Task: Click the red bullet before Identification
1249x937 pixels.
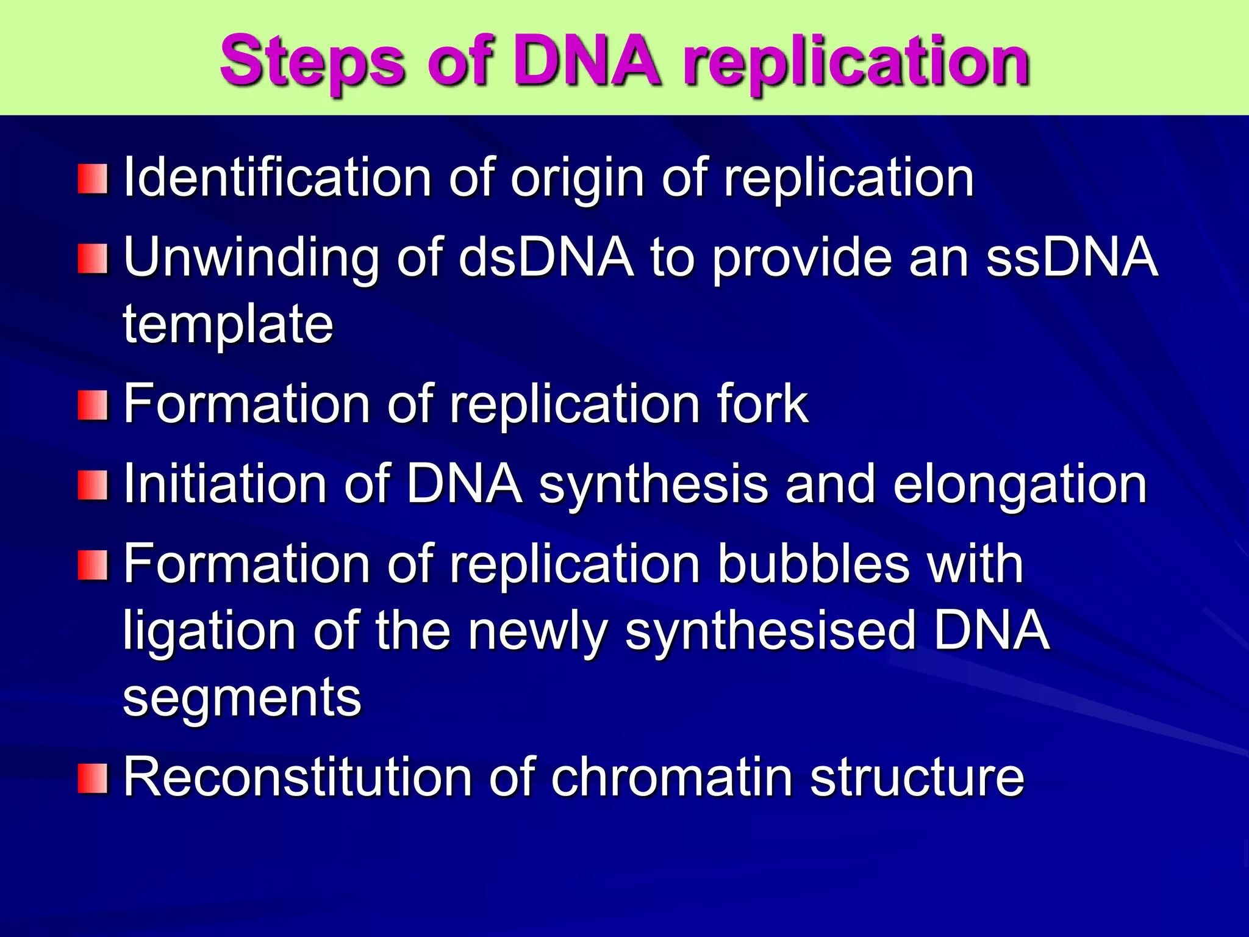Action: pos(93,179)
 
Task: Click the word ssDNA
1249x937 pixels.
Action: pos(1072,257)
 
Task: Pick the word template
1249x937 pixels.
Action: pos(228,325)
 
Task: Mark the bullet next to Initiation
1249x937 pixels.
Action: pos(93,485)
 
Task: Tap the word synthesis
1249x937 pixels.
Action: pos(653,485)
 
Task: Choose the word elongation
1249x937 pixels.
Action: pos(1020,485)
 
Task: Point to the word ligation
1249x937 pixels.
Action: pos(209,632)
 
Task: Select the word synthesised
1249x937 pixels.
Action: pos(770,632)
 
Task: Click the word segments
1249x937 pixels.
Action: pos(242,698)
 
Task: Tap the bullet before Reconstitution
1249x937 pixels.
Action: pos(93,778)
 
